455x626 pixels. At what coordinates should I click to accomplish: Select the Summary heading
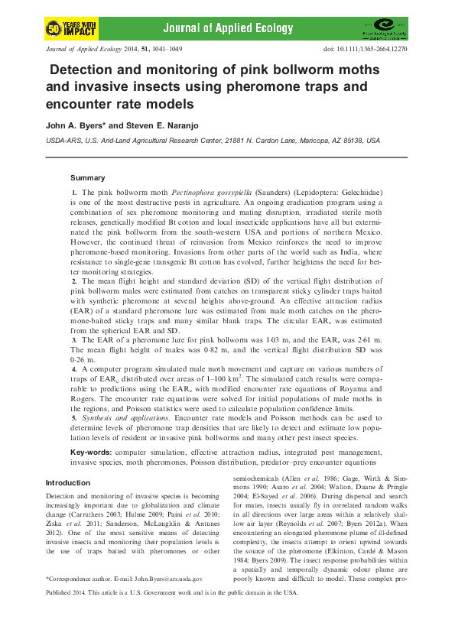click(87, 177)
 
